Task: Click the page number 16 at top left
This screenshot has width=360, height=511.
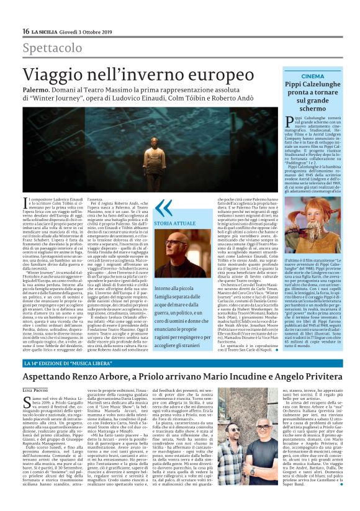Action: tap(25, 31)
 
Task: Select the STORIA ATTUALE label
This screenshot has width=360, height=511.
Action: tap(174, 222)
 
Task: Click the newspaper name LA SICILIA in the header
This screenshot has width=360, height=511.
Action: tap(46, 31)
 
